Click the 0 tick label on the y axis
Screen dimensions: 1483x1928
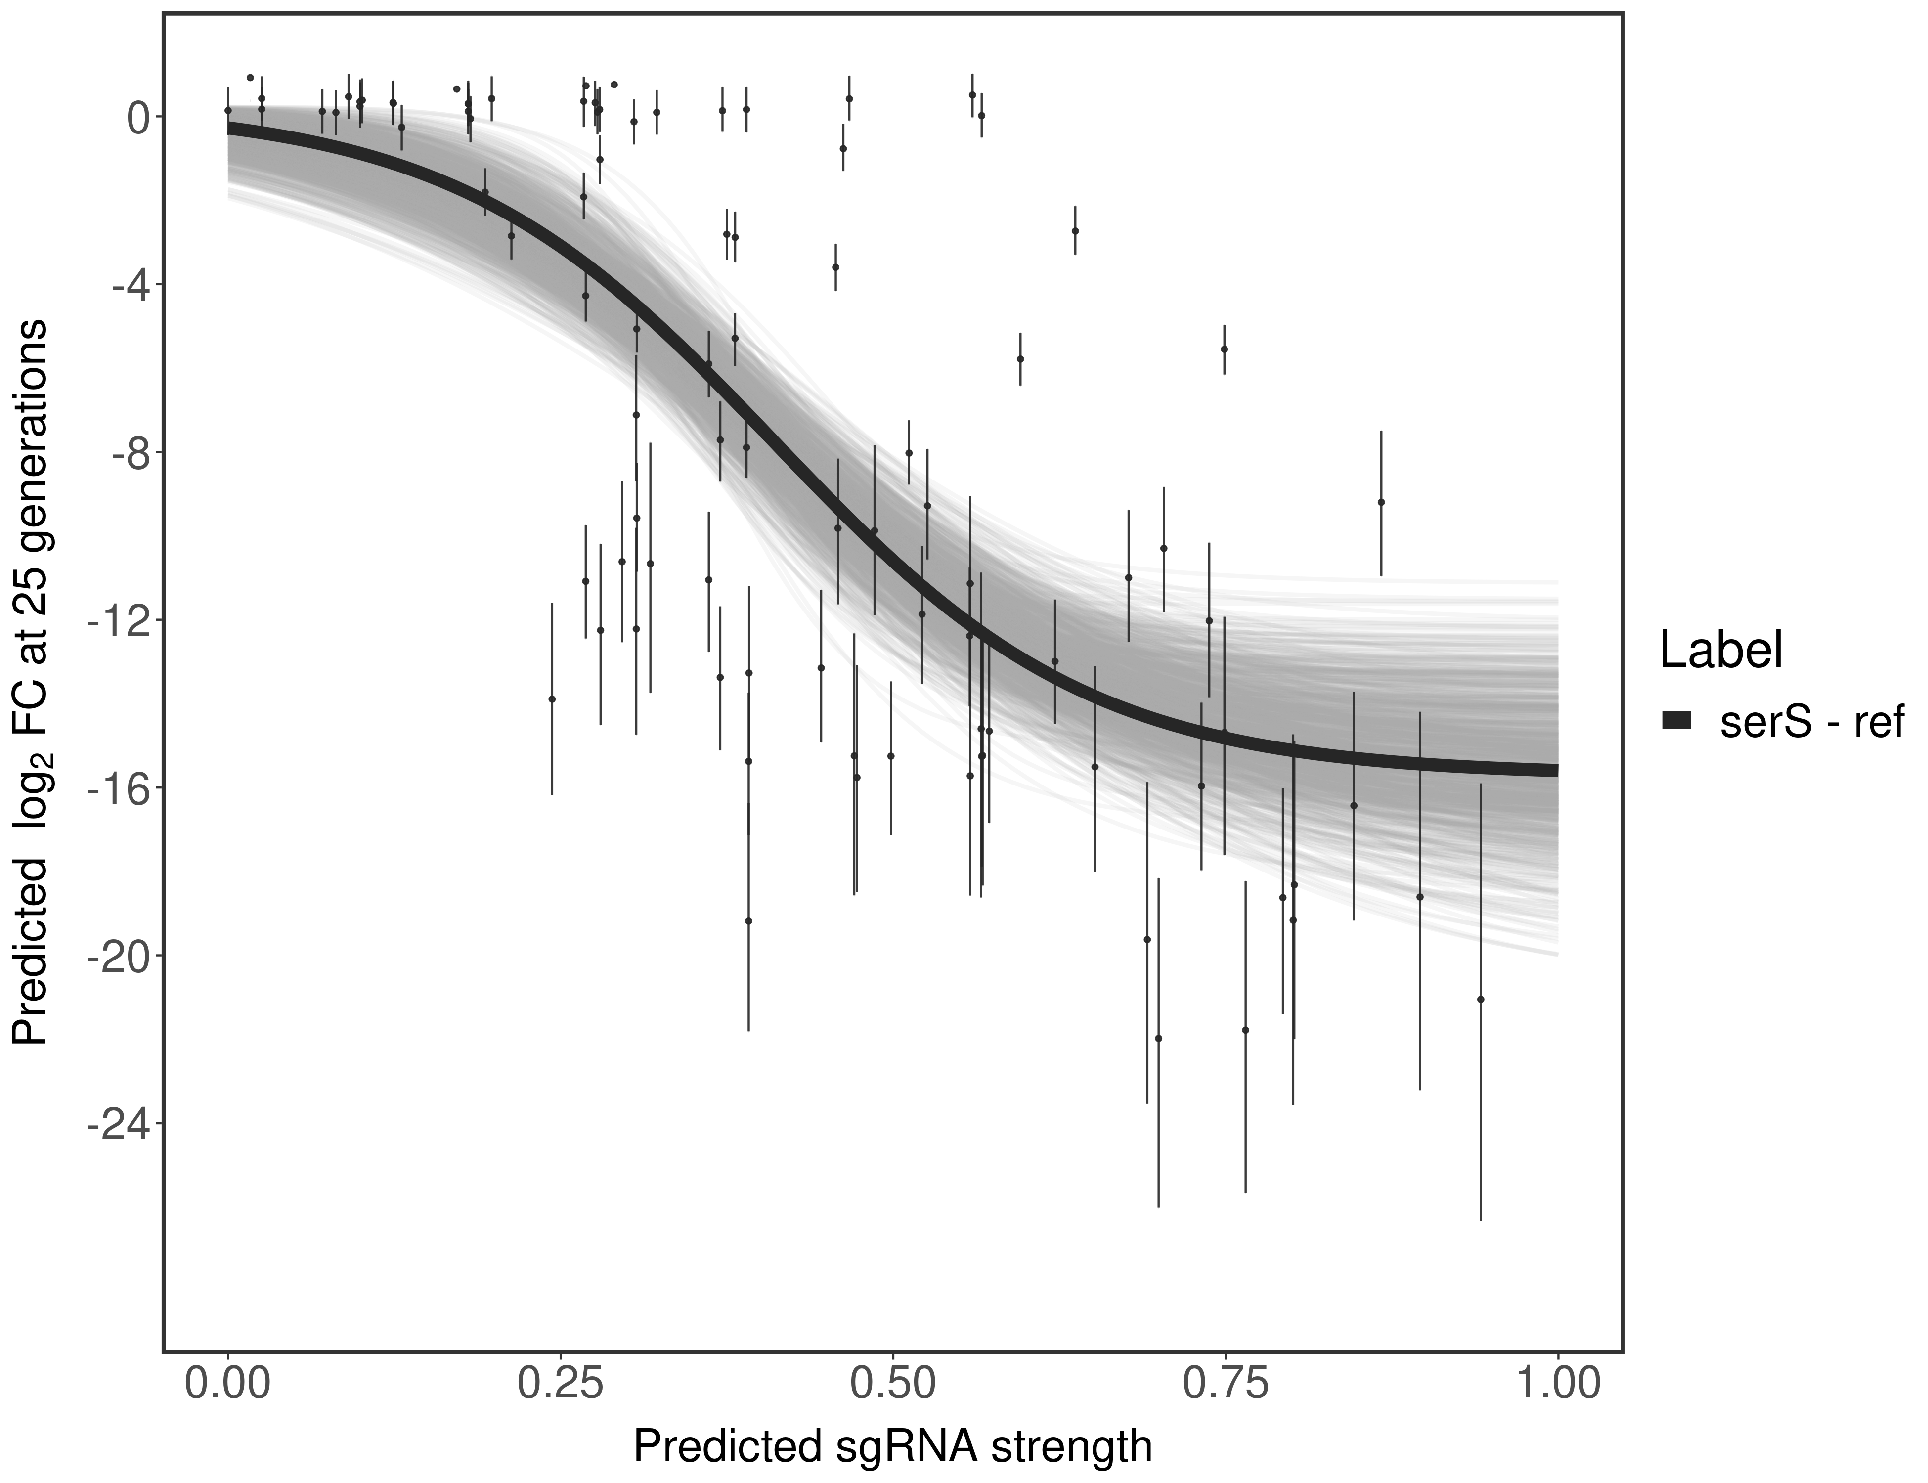pos(138,118)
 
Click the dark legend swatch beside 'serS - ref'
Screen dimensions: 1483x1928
pos(1675,720)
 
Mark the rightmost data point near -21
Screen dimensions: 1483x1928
pos(1481,999)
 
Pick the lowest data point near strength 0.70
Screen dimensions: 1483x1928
pos(1158,1038)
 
